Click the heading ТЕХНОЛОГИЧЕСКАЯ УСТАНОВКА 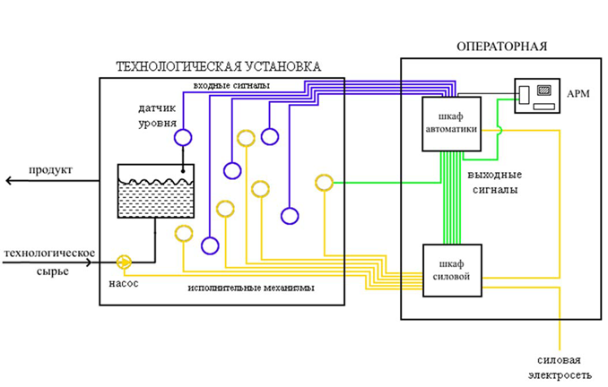click(x=218, y=67)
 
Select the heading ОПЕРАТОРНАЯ click(x=501, y=47)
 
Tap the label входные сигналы click(x=232, y=85)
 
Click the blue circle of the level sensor click(x=184, y=137)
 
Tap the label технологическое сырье click(x=49, y=262)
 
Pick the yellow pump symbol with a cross click(x=125, y=262)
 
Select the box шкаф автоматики click(x=452, y=123)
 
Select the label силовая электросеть click(x=561, y=365)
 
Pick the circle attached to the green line click(x=325, y=183)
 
